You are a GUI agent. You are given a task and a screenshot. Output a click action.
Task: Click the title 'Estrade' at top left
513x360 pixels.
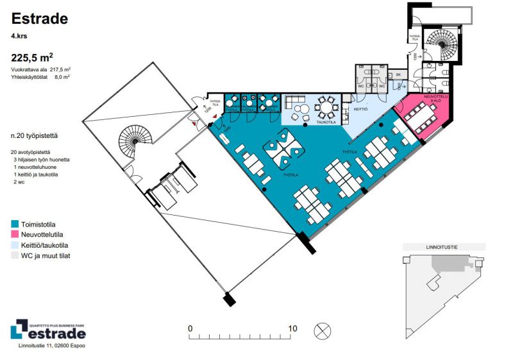39,19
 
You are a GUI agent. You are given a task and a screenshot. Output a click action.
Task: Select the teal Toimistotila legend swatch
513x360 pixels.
15,224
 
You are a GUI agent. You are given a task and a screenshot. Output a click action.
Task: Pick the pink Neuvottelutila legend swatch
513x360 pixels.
15,234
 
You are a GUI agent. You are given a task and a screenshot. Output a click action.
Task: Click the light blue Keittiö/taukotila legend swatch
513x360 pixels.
15,245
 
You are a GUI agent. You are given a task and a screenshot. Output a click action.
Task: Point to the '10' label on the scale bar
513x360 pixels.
292,329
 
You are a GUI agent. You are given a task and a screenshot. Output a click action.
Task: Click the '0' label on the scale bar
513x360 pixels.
190,329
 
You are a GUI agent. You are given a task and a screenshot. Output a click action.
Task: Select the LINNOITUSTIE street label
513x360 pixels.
442,246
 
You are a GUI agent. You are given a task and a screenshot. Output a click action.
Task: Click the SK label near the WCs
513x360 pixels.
398,74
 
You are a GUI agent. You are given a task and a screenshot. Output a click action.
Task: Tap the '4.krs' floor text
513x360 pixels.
19,37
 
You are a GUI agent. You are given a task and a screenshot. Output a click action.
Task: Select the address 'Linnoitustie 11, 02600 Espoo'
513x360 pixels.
51,346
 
